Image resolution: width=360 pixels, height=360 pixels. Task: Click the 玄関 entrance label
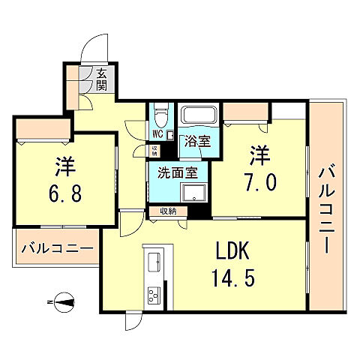point(103,78)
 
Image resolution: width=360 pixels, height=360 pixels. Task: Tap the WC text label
point(158,134)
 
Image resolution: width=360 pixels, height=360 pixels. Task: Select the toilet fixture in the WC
point(157,115)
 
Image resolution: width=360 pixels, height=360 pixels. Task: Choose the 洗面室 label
point(178,172)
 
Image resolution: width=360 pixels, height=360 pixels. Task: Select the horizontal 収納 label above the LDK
point(168,212)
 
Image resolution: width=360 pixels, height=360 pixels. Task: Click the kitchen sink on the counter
point(153,263)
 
